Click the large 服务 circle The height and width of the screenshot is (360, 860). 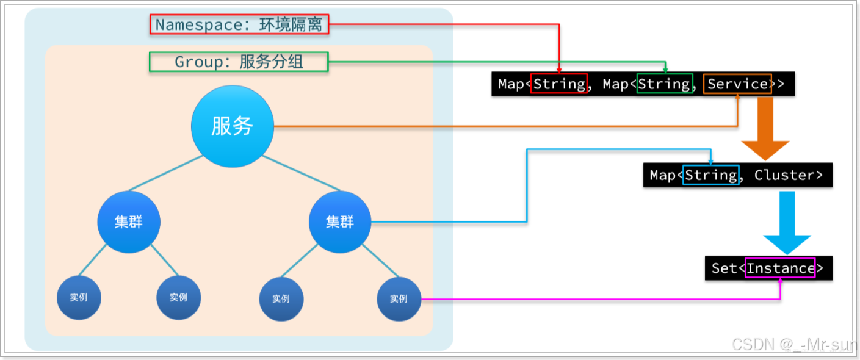coord(232,126)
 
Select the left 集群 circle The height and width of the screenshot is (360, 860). coord(129,222)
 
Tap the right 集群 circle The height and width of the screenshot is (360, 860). coord(340,222)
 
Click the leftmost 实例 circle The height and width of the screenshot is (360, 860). coord(79,298)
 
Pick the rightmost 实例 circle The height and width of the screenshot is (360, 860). coord(399,299)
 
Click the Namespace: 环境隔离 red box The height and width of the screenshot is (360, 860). coord(239,24)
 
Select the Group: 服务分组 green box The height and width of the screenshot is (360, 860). coord(239,62)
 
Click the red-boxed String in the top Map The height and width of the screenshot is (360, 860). coord(558,84)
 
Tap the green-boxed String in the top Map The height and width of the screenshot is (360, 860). coord(663,84)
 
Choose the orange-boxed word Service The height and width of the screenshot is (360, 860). coord(737,84)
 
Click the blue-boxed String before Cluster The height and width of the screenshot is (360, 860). coord(710,175)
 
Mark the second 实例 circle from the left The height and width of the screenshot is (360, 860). coord(179,298)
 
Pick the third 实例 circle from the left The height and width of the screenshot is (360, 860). coord(281,299)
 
